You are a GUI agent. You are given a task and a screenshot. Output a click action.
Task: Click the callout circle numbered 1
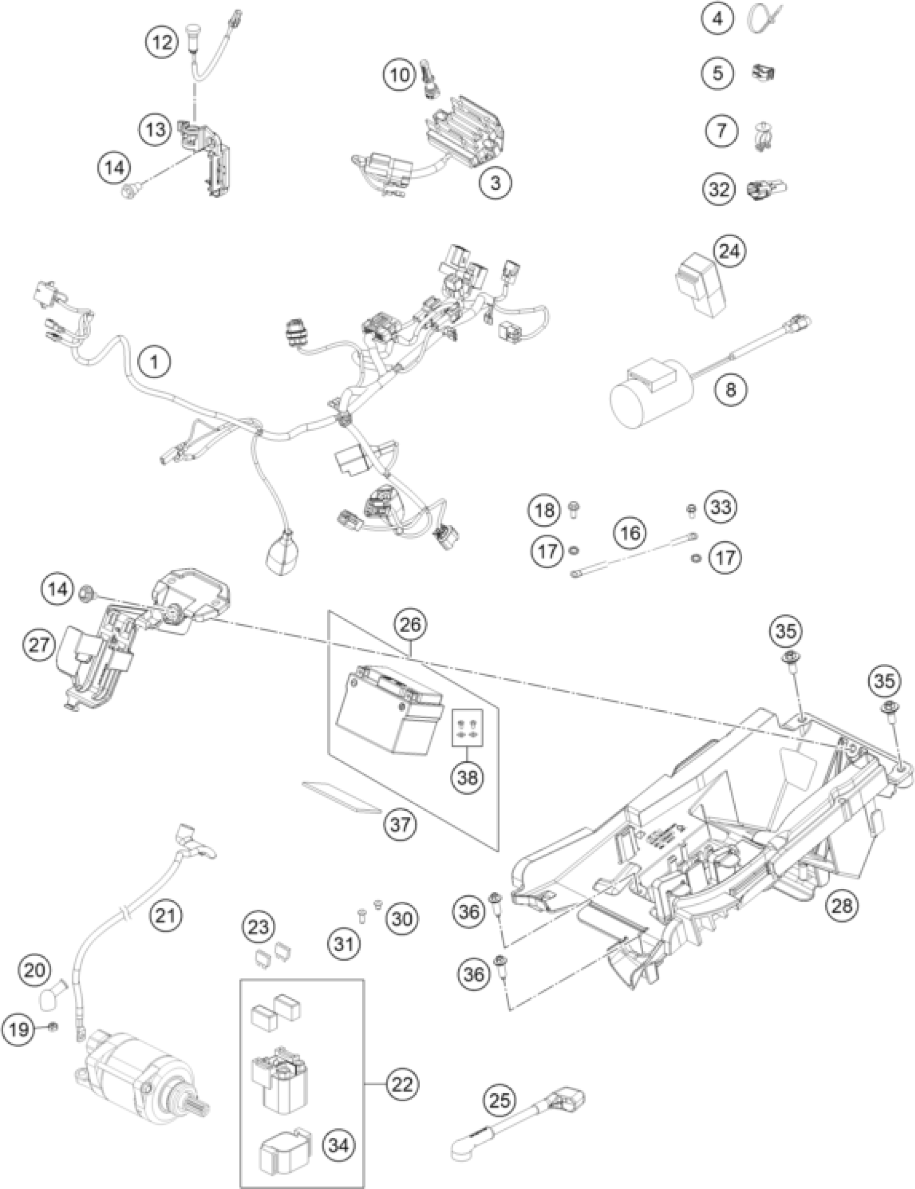pyautogui.click(x=154, y=362)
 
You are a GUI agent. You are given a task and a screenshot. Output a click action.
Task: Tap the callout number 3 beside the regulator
pyautogui.click(x=495, y=182)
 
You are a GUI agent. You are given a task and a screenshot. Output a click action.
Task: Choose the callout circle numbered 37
pyautogui.click(x=400, y=825)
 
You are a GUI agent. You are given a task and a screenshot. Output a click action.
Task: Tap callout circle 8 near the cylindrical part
pyautogui.click(x=730, y=390)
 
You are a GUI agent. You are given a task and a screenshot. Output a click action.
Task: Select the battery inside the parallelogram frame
pyautogui.click(x=390, y=711)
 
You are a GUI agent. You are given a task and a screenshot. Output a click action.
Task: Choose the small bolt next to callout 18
pyautogui.click(x=574, y=509)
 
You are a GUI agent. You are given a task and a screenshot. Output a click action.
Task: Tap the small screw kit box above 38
pyautogui.click(x=468, y=727)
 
